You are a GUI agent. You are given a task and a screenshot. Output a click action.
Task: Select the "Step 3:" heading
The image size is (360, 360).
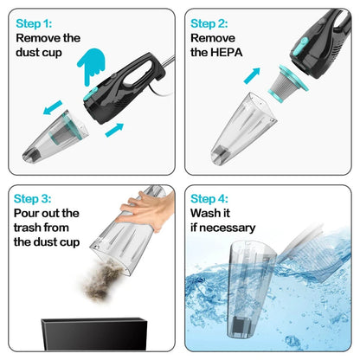pos(37,199)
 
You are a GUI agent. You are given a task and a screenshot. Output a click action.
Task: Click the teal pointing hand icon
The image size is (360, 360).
pos(93,66)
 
